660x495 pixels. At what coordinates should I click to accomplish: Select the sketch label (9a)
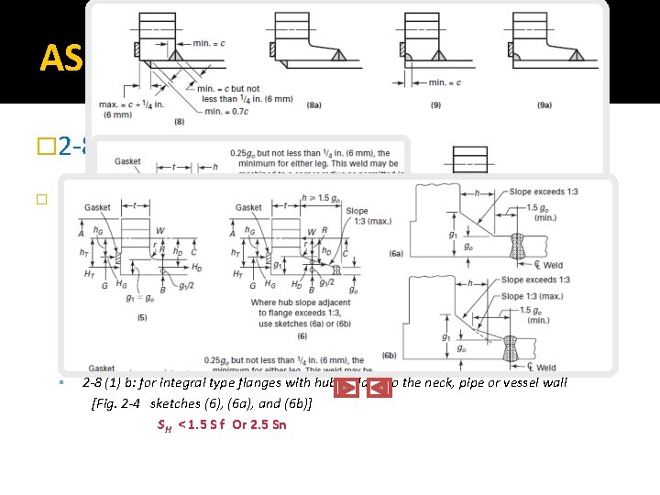553,105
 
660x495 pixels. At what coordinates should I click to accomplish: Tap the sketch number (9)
434,105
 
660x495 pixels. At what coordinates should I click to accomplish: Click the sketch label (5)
142,318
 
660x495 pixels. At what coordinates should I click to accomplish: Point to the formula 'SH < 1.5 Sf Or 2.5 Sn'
222,424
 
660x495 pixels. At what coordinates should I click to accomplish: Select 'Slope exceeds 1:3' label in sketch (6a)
548,191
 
